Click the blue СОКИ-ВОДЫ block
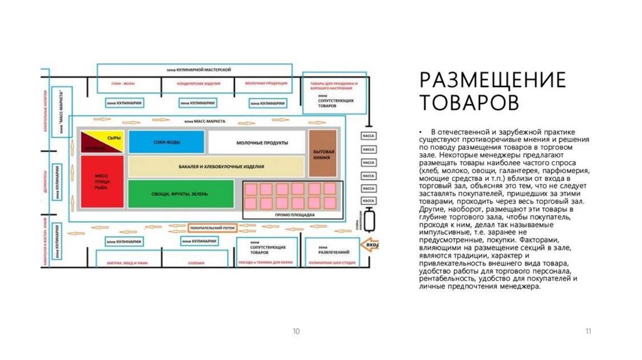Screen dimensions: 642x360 pyautogui.click(x=166, y=142)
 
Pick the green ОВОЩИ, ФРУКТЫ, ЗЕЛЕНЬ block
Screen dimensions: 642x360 pyautogui.click(x=180, y=193)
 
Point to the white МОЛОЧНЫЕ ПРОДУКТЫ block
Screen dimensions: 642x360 pyautogui.click(x=256, y=142)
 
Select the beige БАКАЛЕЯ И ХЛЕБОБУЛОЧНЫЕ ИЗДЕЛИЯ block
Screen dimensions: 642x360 pyautogui.click(x=216, y=166)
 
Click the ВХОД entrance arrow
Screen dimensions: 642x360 pyautogui.click(x=372, y=244)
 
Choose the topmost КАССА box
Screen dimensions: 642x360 pyautogui.click(x=369, y=135)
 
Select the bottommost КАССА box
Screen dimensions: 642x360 pyautogui.click(x=369, y=200)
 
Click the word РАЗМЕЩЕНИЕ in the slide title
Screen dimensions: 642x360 pyautogui.click(x=493, y=81)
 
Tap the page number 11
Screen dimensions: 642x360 pyautogui.click(x=587, y=331)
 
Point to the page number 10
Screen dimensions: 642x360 pyautogui.click(x=296, y=331)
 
